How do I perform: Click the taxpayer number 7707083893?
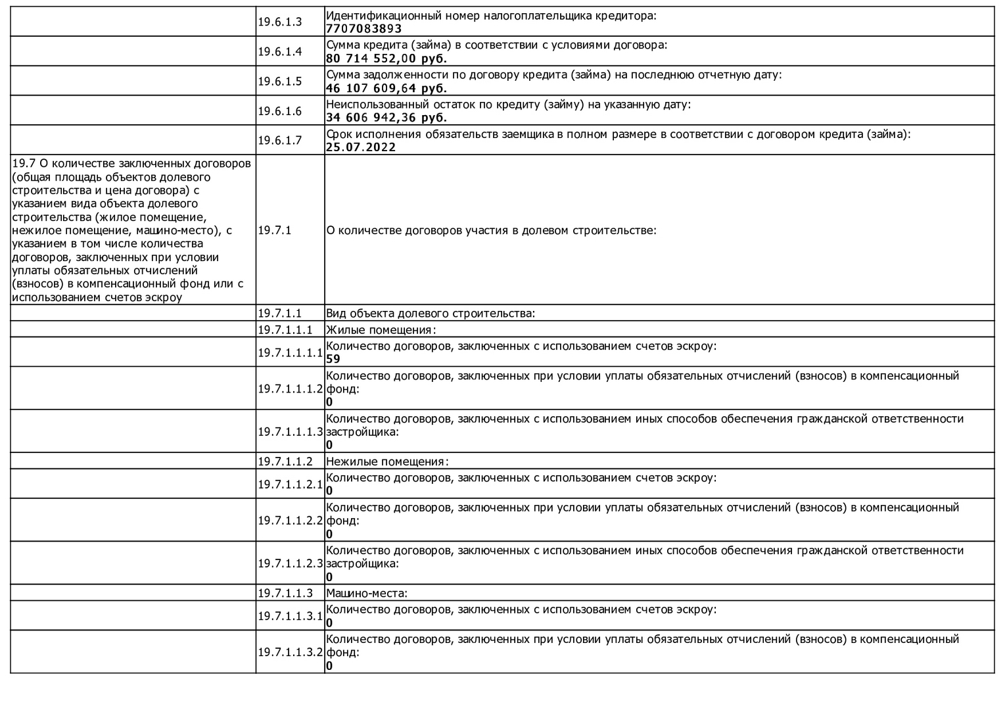point(363,29)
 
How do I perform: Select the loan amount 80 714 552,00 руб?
point(386,59)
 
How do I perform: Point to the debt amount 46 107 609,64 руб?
point(386,88)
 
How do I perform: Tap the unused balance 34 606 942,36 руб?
point(386,118)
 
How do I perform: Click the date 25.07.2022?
point(361,147)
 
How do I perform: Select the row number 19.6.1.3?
point(279,22)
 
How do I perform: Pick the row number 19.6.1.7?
point(279,140)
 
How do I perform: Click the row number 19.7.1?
point(274,230)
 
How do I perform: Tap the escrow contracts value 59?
point(333,359)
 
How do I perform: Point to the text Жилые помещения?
point(381,330)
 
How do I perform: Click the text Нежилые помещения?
point(387,461)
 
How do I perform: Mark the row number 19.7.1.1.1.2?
point(290,389)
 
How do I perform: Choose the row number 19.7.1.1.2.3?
point(290,563)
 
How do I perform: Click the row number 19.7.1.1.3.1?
point(290,616)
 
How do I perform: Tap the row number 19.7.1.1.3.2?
point(290,652)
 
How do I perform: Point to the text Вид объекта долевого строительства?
point(431,314)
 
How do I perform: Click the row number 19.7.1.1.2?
point(285,461)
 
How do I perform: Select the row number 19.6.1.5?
point(279,82)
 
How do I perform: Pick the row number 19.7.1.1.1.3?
point(290,432)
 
